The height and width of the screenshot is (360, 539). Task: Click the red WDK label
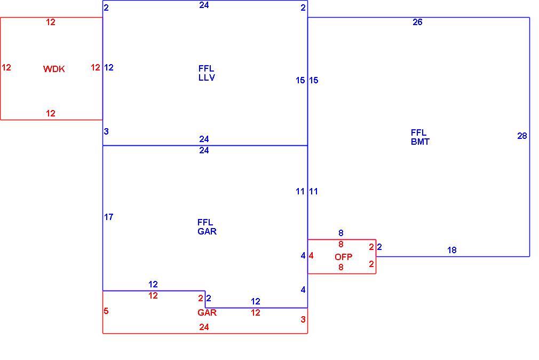54,69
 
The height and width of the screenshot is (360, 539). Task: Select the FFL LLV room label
207,73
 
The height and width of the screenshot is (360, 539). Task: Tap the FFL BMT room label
419,137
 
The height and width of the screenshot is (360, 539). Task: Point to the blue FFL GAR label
207,227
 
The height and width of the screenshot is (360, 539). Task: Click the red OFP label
343,257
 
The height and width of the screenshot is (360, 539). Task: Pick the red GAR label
207,312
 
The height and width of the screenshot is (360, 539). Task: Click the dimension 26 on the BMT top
417,22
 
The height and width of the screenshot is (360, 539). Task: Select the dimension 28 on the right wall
522,136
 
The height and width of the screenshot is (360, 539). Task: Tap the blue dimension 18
451,250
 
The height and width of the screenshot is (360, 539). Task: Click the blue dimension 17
109,217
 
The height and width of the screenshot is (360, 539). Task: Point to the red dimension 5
106,311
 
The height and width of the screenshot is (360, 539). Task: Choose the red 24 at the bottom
204,327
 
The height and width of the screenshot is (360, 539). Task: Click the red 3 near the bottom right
303,319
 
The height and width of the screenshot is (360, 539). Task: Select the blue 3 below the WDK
106,131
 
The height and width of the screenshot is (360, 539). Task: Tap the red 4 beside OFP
311,256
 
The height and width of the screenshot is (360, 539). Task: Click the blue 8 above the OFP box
340,233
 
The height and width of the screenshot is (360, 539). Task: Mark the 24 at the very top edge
204,5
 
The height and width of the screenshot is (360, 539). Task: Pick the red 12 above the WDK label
51,22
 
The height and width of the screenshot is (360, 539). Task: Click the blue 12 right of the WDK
109,67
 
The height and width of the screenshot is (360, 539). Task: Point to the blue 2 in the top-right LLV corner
303,7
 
